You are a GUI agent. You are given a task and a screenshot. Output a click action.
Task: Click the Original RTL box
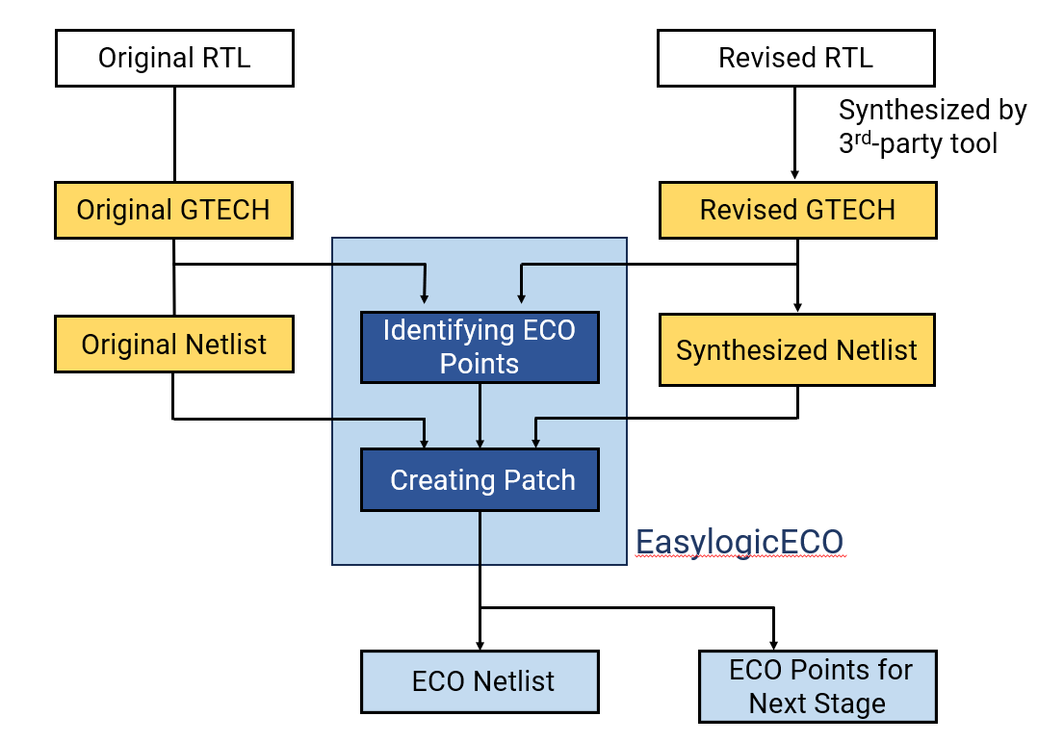point(174,58)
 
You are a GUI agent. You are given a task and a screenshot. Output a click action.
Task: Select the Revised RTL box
point(795,58)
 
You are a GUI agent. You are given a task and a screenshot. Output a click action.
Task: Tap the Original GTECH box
point(174,210)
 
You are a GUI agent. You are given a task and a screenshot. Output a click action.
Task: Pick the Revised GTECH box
point(797,210)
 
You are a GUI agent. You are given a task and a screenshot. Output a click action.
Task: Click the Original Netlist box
point(174,345)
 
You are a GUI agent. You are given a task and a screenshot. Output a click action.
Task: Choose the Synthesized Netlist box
point(796,350)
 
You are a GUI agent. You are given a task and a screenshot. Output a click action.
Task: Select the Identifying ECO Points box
point(480,346)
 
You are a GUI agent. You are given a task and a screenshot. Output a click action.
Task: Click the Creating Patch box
point(480,480)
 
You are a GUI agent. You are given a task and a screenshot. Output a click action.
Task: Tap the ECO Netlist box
point(480,681)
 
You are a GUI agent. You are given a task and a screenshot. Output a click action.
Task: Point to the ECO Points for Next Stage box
point(817,686)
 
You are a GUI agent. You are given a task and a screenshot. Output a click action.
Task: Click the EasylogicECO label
point(739,543)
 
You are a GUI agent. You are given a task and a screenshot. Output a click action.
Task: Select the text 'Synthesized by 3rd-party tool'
point(932,126)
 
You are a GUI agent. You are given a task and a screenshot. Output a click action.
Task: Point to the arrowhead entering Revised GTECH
point(795,174)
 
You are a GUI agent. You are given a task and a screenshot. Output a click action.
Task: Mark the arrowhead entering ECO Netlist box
point(480,644)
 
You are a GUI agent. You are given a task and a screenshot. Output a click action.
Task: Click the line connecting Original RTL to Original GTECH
point(174,135)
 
